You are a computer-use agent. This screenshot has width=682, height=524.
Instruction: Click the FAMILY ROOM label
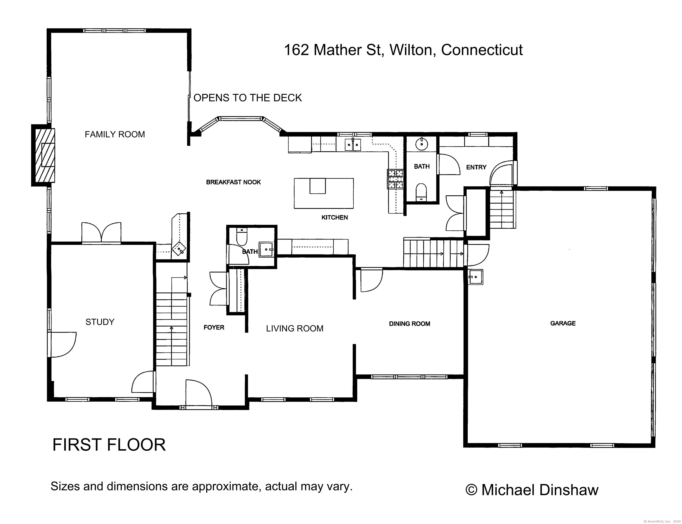pyautogui.click(x=115, y=134)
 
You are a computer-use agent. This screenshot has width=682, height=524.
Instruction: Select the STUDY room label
pyautogui.click(x=100, y=322)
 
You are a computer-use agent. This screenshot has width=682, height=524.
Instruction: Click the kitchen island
pyautogui.click(x=324, y=193)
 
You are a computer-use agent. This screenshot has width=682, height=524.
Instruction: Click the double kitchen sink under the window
pyautogui.click(x=353, y=145)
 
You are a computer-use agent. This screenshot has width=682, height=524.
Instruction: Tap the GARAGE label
pyautogui.click(x=563, y=323)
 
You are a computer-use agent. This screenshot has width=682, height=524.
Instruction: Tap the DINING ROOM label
pyautogui.click(x=409, y=324)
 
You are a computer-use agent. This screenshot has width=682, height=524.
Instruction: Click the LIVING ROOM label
pyautogui.click(x=295, y=328)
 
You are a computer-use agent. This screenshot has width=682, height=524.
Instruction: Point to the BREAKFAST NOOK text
pyautogui.click(x=233, y=182)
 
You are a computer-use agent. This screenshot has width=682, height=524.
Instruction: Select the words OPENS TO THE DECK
pyautogui.click(x=248, y=98)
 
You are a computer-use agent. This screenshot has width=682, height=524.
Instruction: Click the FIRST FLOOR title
pyautogui.click(x=109, y=445)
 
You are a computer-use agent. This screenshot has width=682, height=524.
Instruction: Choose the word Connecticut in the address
pyautogui.click(x=482, y=50)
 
